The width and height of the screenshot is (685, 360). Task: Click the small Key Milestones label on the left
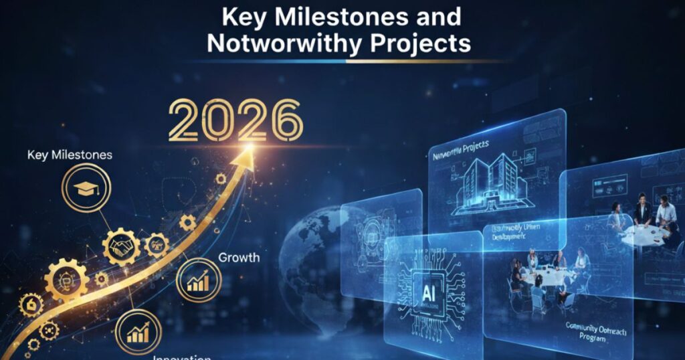[70, 155]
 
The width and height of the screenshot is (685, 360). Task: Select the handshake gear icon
[122, 247]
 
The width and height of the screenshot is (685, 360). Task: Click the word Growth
[239, 257]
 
